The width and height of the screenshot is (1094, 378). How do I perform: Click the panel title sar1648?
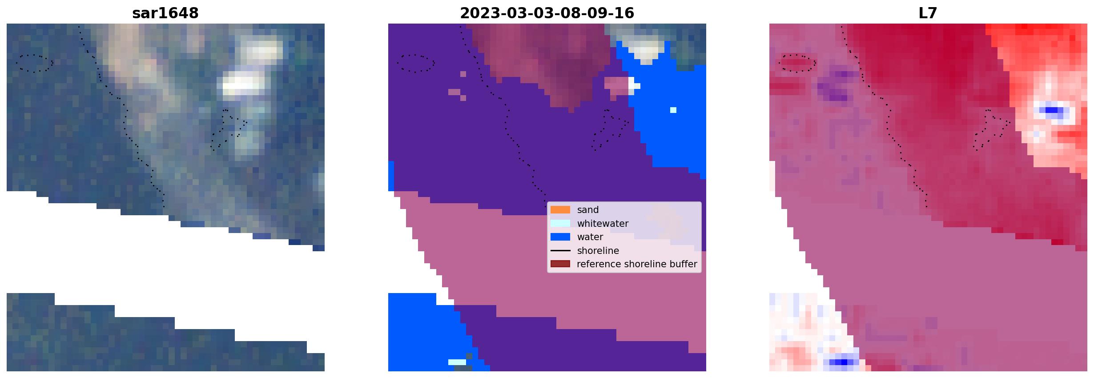(165, 13)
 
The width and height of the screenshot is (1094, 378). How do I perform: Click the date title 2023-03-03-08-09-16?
(547, 13)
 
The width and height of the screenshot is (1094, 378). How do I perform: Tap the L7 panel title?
(928, 13)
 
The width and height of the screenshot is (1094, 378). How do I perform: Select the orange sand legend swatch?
(560, 210)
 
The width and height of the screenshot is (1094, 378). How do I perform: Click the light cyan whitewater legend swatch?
(560, 223)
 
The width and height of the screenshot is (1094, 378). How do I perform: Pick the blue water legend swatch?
(560, 237)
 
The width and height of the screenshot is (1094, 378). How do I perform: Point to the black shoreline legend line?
(560, 251)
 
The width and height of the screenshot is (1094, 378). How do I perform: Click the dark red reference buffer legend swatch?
(560, 264)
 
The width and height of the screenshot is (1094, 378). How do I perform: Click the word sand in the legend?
(588, 210)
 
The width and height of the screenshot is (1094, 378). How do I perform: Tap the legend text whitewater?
(603, 224)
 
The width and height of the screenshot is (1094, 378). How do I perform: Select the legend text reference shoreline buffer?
(637, 264)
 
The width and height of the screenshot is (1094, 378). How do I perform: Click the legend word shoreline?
(598, 251)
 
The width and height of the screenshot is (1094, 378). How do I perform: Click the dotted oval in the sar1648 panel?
(34, 55)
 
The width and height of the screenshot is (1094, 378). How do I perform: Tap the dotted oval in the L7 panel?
(797, 55)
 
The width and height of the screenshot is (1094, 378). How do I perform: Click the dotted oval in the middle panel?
(416, 55)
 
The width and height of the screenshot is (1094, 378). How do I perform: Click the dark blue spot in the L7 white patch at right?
(1051, 110)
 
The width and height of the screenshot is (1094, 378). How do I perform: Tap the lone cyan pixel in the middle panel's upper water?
(673, 110)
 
